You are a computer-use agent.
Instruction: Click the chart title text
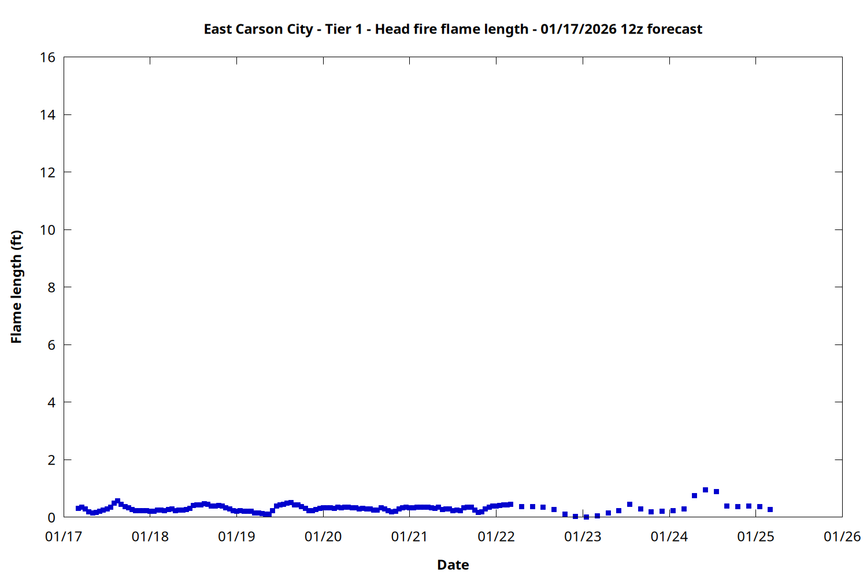[x=453, y=29]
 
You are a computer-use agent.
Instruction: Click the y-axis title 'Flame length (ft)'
[x=16, y=287]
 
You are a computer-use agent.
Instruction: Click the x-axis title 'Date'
[x=453, y=565]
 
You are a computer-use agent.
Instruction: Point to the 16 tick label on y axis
[x=47, y=57]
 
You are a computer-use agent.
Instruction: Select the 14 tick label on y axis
[x=47, y=115]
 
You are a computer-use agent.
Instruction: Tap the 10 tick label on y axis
[x=47, y=230]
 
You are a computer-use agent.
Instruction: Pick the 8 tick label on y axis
[x=51, y=287]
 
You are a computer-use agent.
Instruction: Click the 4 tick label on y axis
[x=51, y=402]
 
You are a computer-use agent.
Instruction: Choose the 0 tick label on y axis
[x=51, y=517]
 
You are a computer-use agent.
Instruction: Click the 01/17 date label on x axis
[x=64, y=536]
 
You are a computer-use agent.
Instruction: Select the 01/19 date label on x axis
[x=236, y=536]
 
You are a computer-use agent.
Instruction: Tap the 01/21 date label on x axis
[x=410, y=536]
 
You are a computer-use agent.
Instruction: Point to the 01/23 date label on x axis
[x=583, y=536]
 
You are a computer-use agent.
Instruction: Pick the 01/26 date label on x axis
[x=842, y=536]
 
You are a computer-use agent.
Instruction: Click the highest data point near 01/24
[x=705, y=490]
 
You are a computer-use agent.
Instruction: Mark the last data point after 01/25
[x=770, y=509]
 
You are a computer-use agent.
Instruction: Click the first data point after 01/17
[x=78, y=508]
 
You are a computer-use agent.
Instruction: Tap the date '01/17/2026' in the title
[x=579, y=29]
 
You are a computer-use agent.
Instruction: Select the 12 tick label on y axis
[x=47, y=172]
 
